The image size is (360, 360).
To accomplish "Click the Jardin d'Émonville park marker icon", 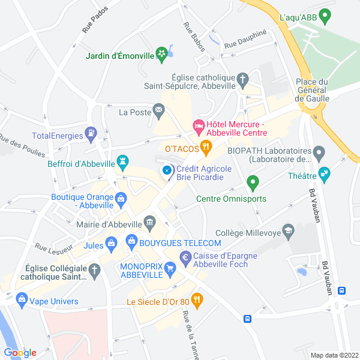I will click(x=161, y=55).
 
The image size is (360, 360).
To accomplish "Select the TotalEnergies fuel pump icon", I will click(x=91, y=134).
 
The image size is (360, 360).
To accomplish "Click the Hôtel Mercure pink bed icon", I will click(x=198, y=125).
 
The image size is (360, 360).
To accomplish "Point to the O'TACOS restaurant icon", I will click(x=206, y=146).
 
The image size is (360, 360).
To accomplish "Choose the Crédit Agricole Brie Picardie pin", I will click(x=167, y=172).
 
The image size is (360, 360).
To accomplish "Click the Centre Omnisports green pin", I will click(x=253, y=181).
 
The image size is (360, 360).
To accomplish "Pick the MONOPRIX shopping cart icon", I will click(x=170, y=269).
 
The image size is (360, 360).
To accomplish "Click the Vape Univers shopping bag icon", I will click(x=22, y=298).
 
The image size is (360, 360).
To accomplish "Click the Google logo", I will click(x=20, y=352).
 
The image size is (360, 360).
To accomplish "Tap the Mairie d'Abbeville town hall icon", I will click(x=149, y=223).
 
